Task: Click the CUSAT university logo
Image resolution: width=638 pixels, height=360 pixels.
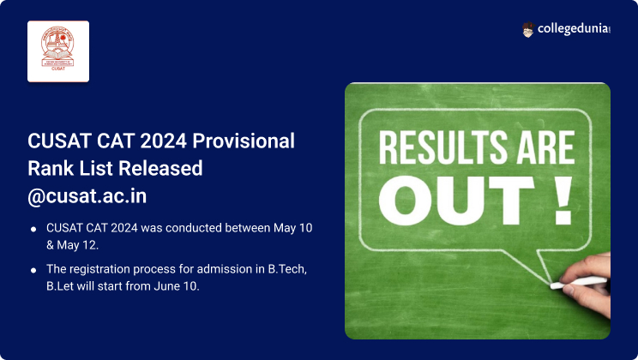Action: [x=58, y=51]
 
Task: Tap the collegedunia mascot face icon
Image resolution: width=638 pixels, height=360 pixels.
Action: [x=527, y=30]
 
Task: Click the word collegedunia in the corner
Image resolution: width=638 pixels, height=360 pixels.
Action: [x=574, y=29]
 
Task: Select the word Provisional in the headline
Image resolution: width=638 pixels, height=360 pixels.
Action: [x=244, y=141]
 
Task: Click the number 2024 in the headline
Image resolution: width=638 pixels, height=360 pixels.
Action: [x=163, y=141]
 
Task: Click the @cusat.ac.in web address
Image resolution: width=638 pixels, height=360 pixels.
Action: [x=87, y=196]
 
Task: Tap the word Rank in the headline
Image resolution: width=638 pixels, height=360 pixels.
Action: [x=51, y=168]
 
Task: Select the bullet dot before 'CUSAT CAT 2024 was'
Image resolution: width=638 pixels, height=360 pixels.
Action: [x=33, y=230]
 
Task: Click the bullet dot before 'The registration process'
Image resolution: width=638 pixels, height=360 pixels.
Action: [x=33, y=270]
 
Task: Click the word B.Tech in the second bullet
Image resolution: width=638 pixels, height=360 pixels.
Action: [x=287, y=269]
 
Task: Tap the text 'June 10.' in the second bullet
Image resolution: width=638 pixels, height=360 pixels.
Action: [x=177, y=286]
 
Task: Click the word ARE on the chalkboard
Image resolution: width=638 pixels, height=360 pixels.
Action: [x=545, y=147]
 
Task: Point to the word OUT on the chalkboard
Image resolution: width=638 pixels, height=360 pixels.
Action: [x=456, y=201]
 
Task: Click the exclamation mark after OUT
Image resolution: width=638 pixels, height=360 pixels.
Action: [x=563, y=201]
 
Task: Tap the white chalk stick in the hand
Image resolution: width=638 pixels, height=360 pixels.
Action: [x=579, y=283]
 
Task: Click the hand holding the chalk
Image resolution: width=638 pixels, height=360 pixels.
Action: [x=589, y=284]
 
